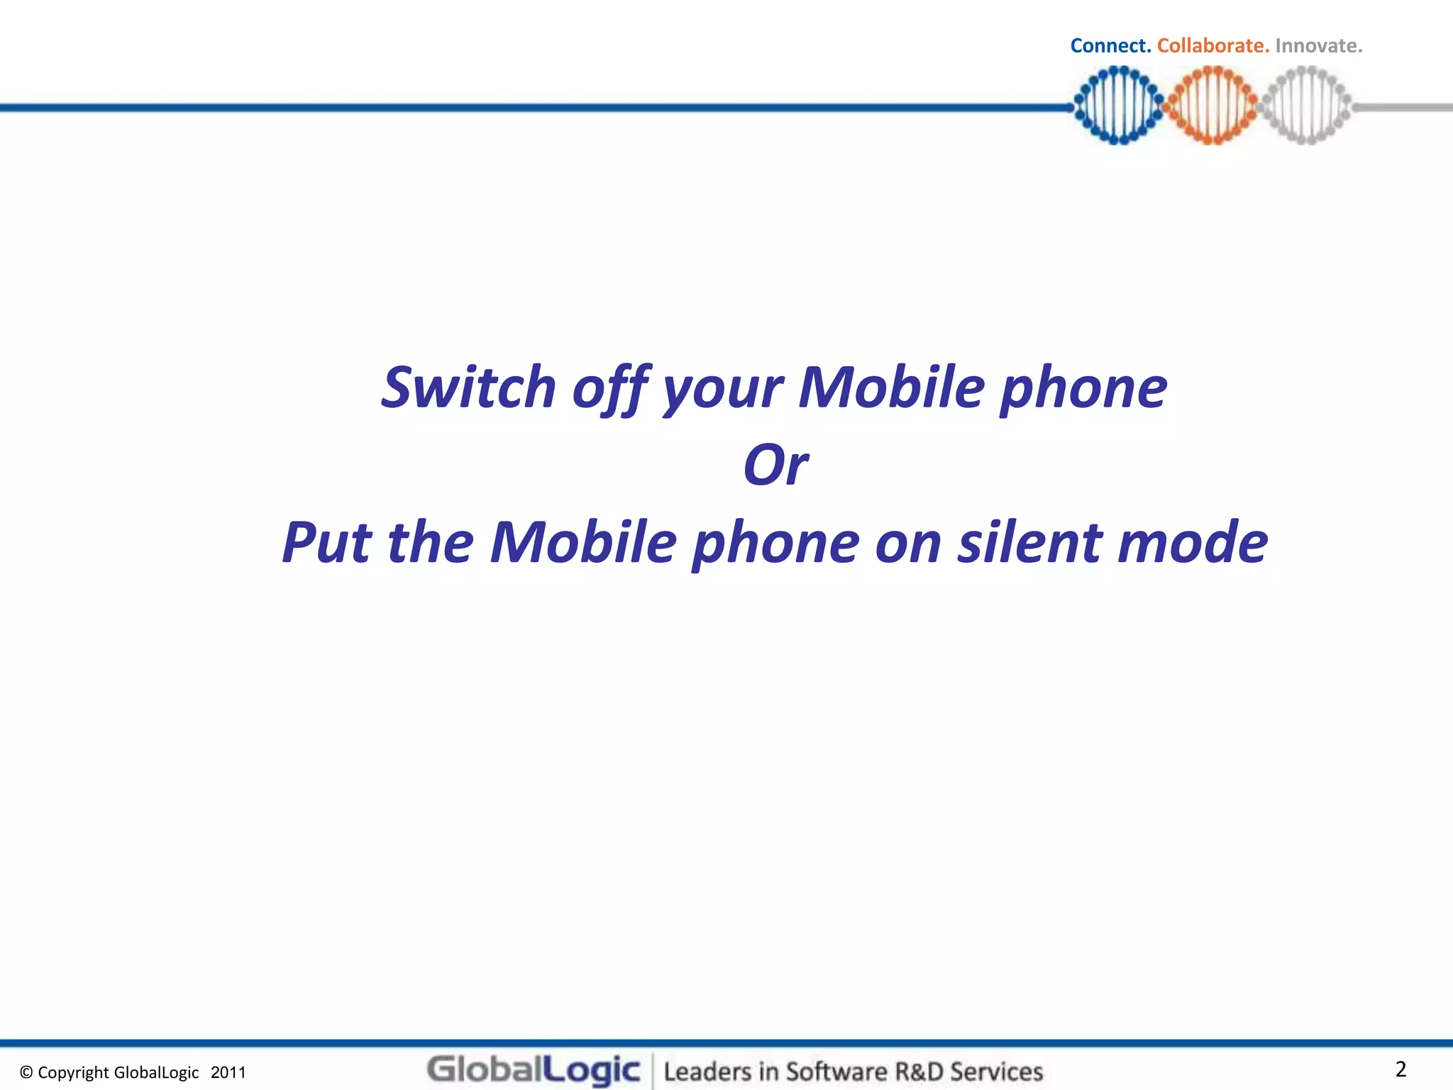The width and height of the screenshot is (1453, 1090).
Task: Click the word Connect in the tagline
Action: point(1110,46)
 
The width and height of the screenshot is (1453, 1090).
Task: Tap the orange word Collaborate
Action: point(1212,46)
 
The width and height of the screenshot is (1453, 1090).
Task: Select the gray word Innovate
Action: point(1318,46)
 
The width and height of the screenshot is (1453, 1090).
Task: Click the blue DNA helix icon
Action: point(1118,106)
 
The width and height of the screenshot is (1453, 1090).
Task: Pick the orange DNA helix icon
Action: point(1212,106)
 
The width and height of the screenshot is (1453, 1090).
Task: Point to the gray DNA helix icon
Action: point(1306,106)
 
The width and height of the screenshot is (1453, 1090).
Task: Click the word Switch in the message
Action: point(468,388)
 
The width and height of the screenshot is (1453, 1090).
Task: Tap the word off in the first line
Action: point(611,388)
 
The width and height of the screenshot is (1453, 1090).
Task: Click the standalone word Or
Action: point(775,466)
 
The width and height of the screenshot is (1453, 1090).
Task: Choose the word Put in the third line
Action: point(326,543)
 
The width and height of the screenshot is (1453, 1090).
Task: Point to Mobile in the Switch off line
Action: point(892,388)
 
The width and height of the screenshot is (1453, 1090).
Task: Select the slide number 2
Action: point(1400,1069)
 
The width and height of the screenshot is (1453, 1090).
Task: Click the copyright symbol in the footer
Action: point(26,1073)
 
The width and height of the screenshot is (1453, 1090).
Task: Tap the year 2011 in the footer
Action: point(228,1073)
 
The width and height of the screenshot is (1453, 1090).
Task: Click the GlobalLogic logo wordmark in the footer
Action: point(534,1070)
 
